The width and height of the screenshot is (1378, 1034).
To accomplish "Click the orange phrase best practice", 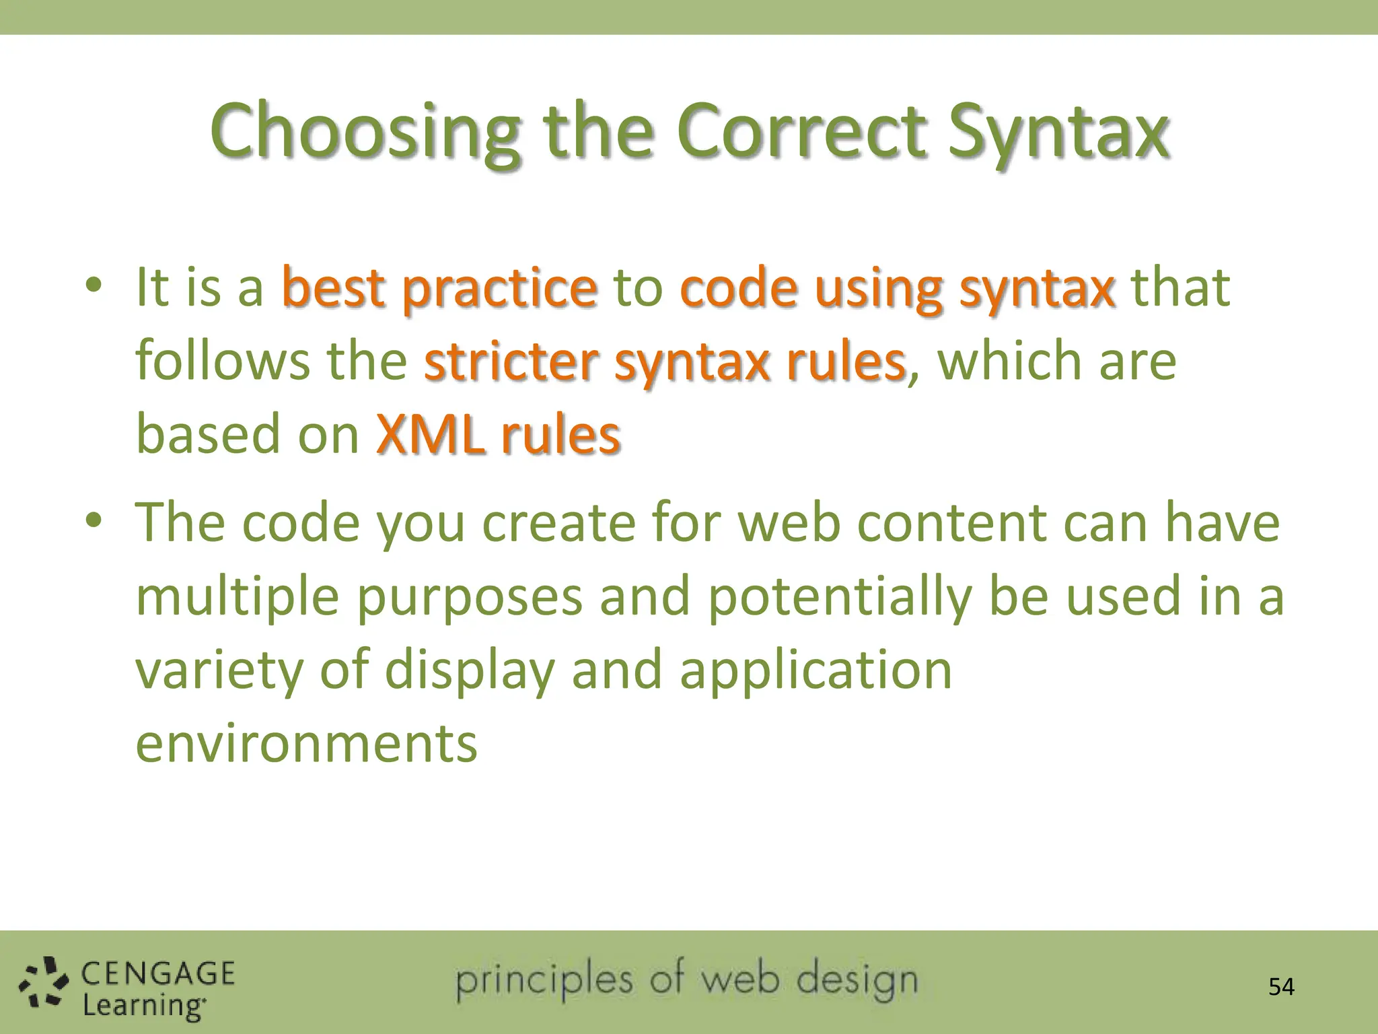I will click(x=439, y=288).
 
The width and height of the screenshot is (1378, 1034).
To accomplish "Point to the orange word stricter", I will click(x=511, y=361).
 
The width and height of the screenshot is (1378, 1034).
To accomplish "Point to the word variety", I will click(x=219, y=670).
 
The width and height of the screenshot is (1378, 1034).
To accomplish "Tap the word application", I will click(x=815, y=670).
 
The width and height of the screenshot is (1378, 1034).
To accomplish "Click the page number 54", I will click(x=1281, y=987).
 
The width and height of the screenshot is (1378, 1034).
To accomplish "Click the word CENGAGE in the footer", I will click(x=158, y=974).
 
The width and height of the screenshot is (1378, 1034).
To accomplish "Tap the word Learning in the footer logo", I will click(x=143, y=1006).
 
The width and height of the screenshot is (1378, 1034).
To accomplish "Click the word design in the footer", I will click(x=857, y=981).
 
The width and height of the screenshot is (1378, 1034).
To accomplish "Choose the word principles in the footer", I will click(x=544, y=982).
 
